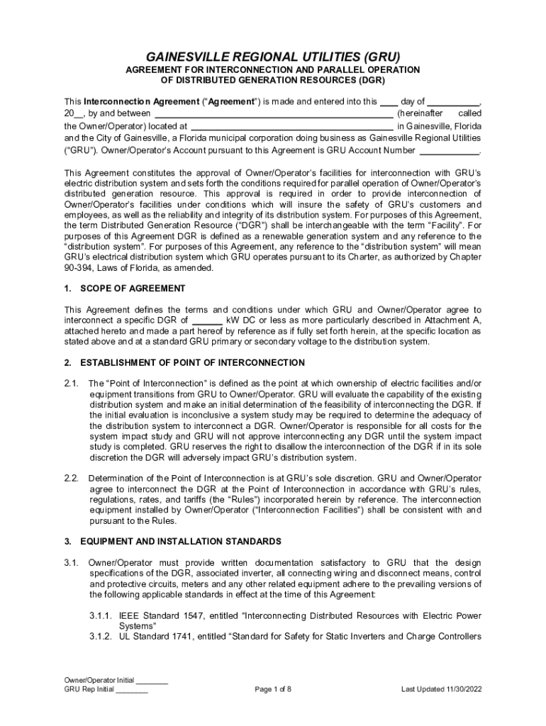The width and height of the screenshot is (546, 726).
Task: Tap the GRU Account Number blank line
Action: coord(450,151)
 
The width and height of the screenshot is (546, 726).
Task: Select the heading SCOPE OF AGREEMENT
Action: coord(133,289)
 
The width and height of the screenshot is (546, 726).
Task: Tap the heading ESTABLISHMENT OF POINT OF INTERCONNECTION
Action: coord(192,362)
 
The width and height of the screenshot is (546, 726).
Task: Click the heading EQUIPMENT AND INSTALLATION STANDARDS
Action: coord(181,542)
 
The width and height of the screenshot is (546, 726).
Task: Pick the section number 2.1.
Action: coord(71,384)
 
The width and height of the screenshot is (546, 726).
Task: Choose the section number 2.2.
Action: coord(71,479)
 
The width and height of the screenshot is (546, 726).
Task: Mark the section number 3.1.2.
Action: coord(101,637)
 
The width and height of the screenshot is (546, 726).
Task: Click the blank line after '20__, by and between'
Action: coord(274,113)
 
